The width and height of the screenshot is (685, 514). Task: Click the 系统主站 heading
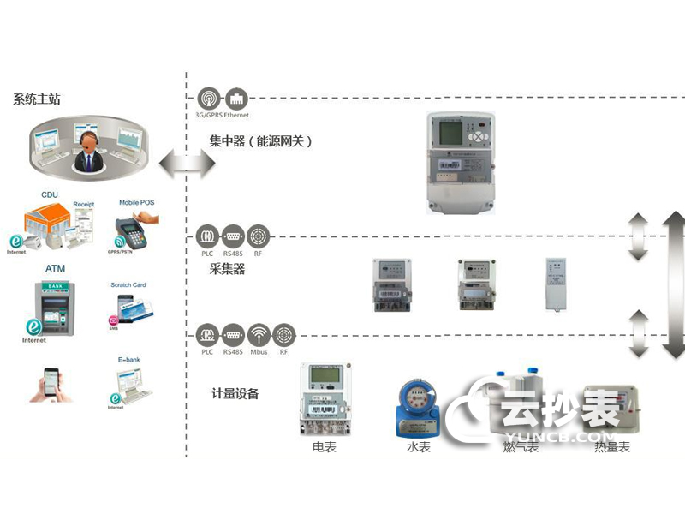coord(36,99)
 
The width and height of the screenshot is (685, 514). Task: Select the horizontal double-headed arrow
coord(186,163)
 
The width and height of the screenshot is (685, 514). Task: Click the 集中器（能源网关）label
coord(260,141)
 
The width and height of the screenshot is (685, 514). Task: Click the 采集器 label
coord(227,269)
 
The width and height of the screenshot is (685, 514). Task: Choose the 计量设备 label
coord(235,394)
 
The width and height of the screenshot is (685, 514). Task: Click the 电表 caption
coord(324,447)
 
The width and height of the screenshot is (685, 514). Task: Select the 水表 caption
coord(418,447)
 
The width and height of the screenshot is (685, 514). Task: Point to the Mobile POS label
coord(137,203)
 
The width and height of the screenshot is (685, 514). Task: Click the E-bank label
coord(128,362)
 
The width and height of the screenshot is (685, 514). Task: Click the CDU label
coord(50,195)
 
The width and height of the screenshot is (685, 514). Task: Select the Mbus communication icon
coord(259,334)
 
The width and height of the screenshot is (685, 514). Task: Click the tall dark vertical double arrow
coord(673,283)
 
